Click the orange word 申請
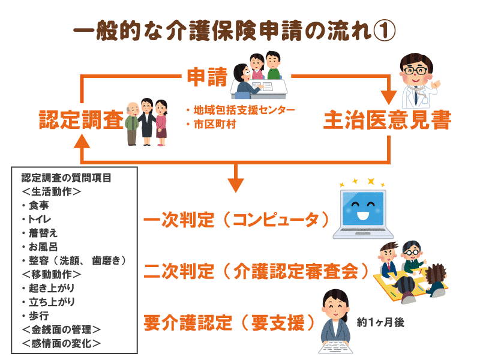click(x=207, y=77)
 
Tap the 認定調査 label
click(x=81, y=119)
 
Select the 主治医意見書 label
click(x=387, y=119)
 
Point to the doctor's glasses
click(x=415, y=71)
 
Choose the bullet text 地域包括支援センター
click(x=244, y=110)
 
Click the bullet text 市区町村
click(x=215, y=124)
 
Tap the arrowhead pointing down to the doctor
click(x=388, y=98)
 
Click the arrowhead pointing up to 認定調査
click(x=82, y=142)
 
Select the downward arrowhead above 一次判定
click(x=235, y=185)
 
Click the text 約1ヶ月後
click(x=380, y=322)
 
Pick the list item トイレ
click(x=40, y=219)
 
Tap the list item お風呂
click(x=43, y=247)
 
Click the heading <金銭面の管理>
click(x=61, y=329)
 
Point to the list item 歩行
click(x=39, y=316)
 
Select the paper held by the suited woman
click(x=335, y=347)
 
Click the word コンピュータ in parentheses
click(x=276, y=219)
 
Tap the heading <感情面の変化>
click(x=61, y=343)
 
